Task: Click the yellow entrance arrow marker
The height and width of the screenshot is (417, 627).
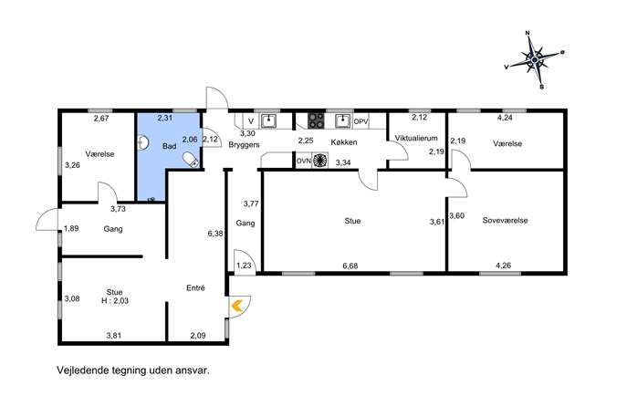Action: click(236, 306)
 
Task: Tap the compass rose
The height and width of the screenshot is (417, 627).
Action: click(535, 59)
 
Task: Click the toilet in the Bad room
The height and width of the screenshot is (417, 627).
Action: click(191, 159)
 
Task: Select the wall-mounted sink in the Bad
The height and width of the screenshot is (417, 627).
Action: click(142, 142)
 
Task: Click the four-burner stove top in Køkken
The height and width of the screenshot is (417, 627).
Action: click(316, 120)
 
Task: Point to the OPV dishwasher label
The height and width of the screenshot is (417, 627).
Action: click(361, 120)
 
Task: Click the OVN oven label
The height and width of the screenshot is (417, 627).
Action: click(303, 161)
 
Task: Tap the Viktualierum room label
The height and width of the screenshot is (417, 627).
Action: click(416, 138)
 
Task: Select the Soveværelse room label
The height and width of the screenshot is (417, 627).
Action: click(505, 220)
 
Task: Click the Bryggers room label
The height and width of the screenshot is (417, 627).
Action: click(244, 145)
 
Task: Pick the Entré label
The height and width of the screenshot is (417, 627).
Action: click(195, 287)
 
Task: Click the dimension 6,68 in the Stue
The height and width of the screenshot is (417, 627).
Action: click(350, 266)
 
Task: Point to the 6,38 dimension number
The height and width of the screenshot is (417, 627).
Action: click(215, 234)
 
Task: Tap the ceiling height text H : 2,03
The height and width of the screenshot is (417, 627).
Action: click(115, 300)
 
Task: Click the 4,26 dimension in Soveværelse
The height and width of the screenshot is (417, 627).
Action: click(504, 265)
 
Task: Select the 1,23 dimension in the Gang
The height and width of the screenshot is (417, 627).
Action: click(244, 265)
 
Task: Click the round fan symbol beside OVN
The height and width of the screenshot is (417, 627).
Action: click(319, 160)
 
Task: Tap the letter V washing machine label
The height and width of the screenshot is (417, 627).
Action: click(251, 120)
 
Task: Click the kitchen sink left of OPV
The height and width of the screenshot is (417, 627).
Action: click(342, 120)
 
